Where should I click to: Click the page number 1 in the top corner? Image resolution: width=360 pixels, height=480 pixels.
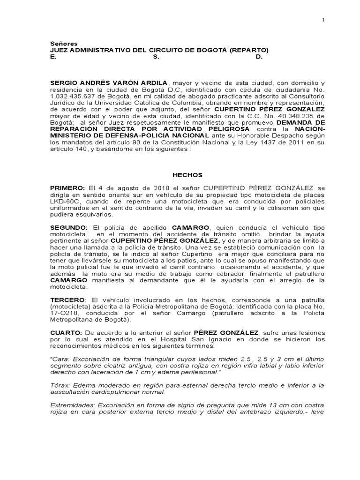coord(322,20)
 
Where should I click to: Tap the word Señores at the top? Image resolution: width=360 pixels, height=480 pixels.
coord(63,43)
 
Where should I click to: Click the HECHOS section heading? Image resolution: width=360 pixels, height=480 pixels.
coord(187,175)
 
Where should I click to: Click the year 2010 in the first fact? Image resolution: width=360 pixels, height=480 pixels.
coord(131,187)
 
